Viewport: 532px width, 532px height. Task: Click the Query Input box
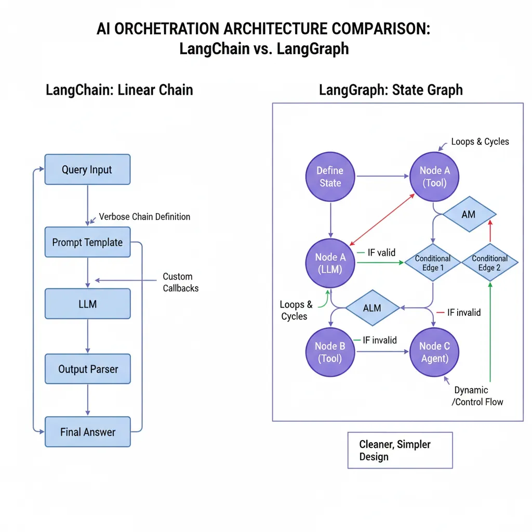pyautogui.click(x=87, y=169)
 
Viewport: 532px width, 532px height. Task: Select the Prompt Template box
pyautogui.click(x=87, y=242)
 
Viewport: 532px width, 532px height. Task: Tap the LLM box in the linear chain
pyautogui.click(x=87, y=304)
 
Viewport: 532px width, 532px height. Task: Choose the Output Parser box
pyautogui.click(x=87, y=369)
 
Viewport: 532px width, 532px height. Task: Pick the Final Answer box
pyautogui.click(x=87, y=432)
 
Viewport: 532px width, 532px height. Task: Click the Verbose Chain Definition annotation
pyautogui.click(x=144, y=217)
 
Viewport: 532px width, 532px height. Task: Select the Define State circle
pyautogui.click(x=330, y=177)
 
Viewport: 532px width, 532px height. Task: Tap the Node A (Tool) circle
pyautogui.click(x=434, y=177)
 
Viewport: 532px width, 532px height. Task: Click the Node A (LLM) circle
pyautogui.click(x=330, y=263)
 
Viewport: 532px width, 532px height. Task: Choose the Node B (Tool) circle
pyautogui.click(x=330, y=352)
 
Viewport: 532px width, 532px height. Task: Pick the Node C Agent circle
pyautogui.click(x=434, y=352)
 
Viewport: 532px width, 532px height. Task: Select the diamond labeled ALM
pyautogui.click(x=372, y=308)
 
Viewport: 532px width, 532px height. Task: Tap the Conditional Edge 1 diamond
pyautogui.click(x=432, y=263)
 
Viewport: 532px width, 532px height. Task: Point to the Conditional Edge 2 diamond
pyautogui.click(x=489, y=263)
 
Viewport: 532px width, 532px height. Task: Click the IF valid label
pyautogui.click(x=381, y=253)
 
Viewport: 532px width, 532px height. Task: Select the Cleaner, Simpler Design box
pyautogui.click(x=400, y=450)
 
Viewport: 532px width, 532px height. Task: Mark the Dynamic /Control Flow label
pyautogui.click(x=478, y=395)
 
